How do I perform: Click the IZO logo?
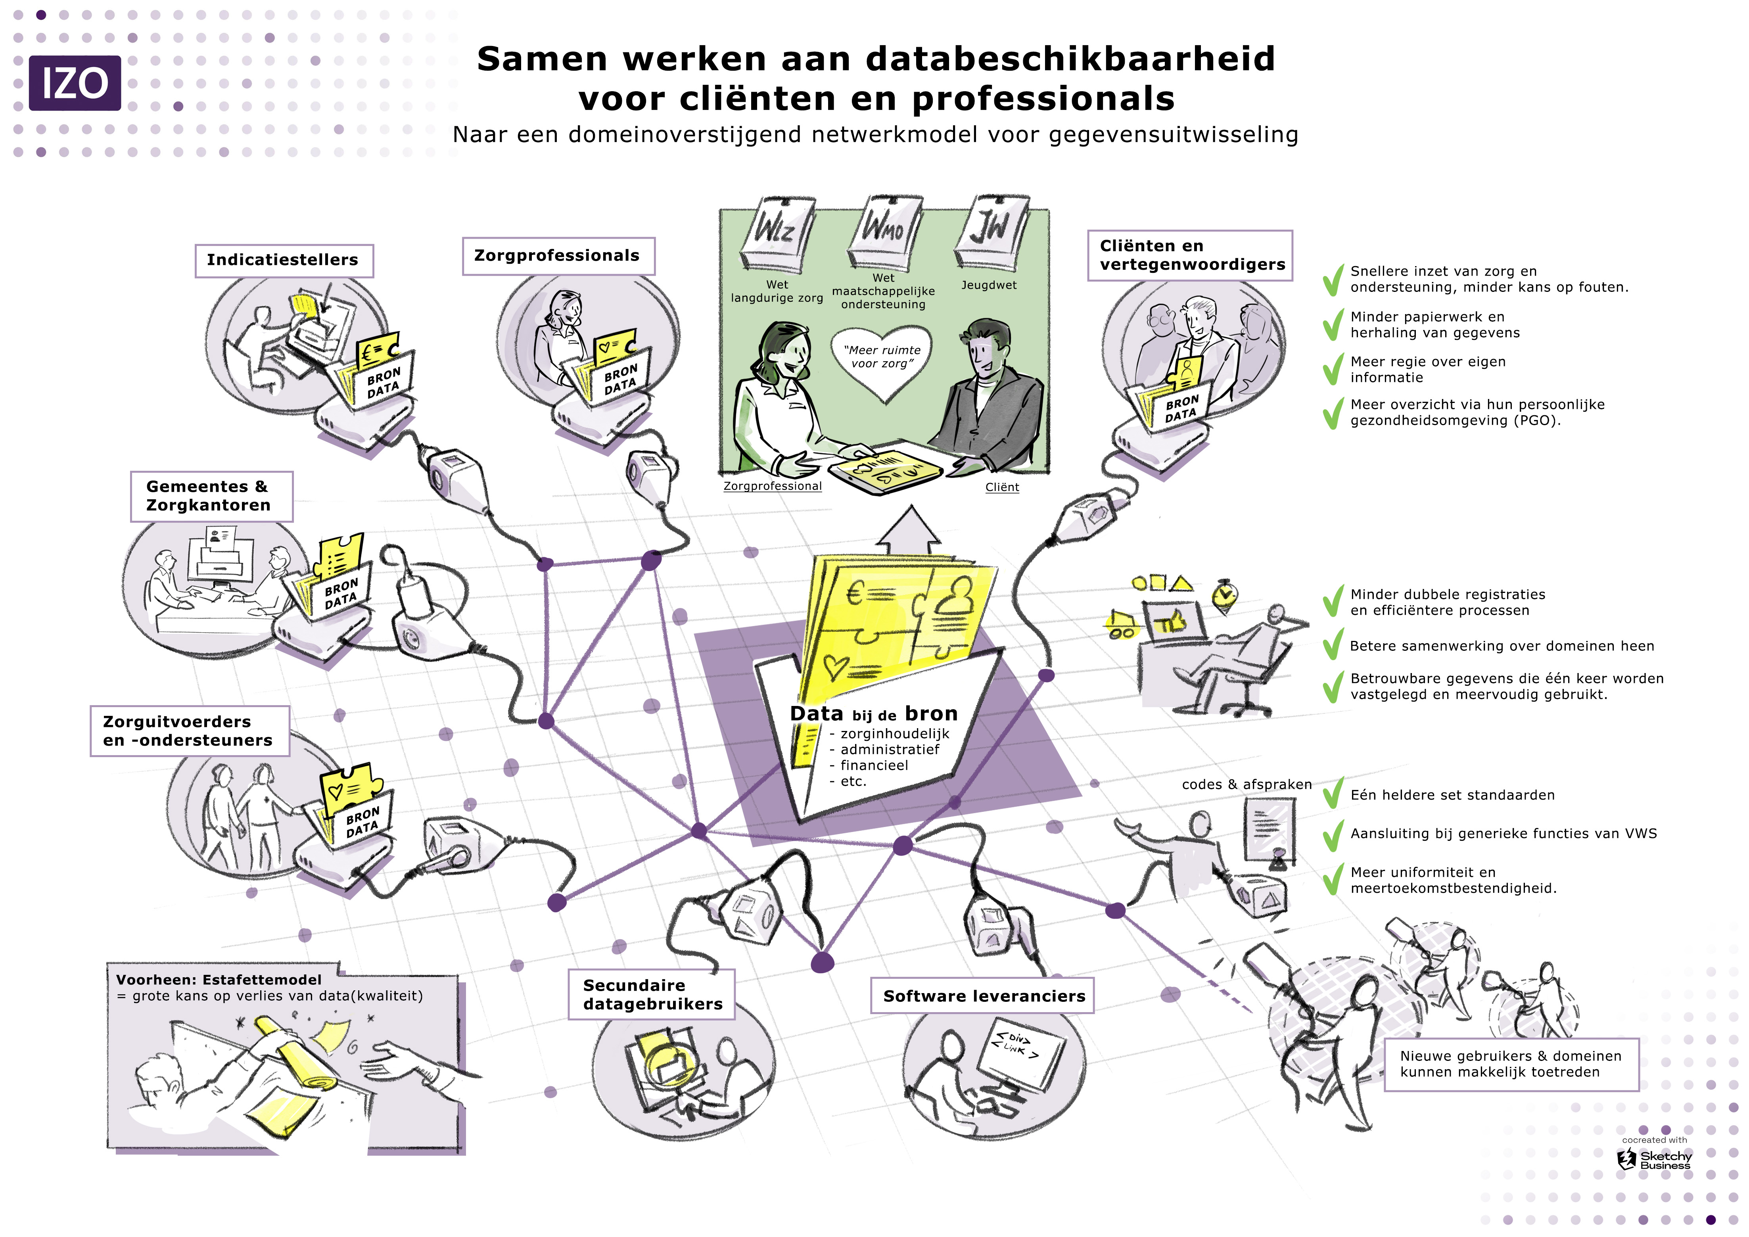(75, 83)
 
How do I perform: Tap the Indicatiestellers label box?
(284, 261)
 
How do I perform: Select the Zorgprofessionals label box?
(558, 256)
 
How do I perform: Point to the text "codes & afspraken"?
(1246, 784)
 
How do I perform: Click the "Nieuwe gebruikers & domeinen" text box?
(1511, 1064)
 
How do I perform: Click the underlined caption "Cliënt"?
(1002, 487)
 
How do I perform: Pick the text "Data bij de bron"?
(874, 714)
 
